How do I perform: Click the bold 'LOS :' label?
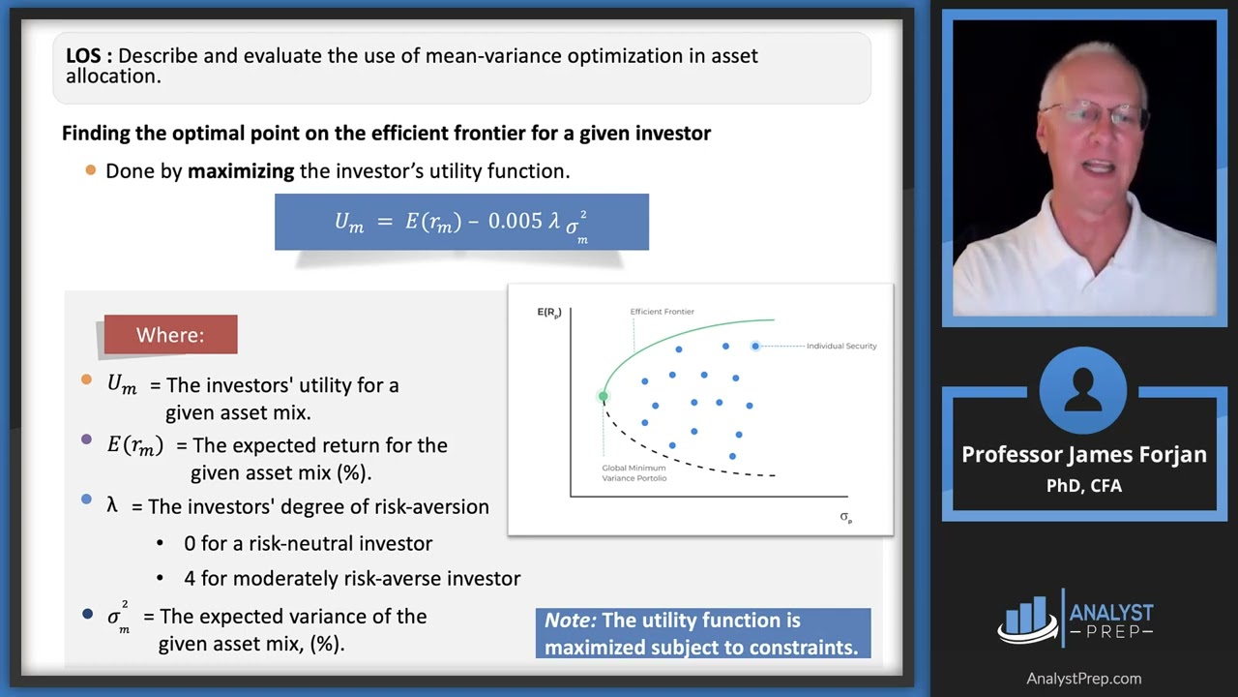(89, 56)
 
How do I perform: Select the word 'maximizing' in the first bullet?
(241, 171)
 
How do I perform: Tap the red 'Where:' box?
(170, 335)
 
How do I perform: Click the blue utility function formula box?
(461, 222)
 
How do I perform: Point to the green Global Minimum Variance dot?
(604, 396)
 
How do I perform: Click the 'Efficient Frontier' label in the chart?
(662, 312)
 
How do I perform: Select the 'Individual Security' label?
(841, 346)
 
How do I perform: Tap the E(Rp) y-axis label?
(548, 312)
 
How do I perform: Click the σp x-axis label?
(845, 517)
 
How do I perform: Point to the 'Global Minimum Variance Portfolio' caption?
(634, 472)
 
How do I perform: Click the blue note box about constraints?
(702, 634)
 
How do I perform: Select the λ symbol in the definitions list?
(113, 505)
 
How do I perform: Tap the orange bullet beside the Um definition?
(87, 380)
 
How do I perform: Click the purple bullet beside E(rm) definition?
(87, 440)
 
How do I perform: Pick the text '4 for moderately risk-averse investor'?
(352, 579)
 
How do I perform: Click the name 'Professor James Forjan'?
(1083, 455)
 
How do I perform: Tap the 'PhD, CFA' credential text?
(1083, 485)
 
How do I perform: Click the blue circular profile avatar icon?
(1082, 390)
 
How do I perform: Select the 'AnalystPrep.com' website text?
(1083, 679)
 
